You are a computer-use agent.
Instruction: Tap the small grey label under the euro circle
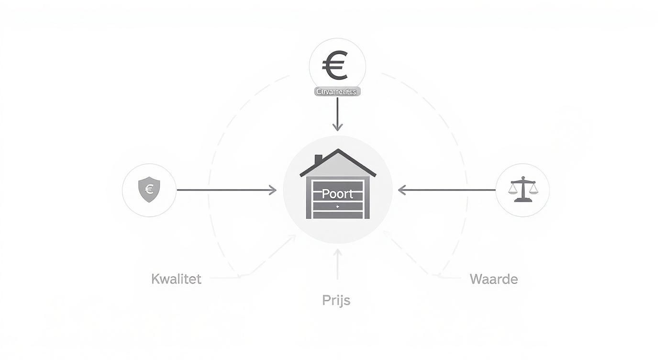click(x=337, y=91)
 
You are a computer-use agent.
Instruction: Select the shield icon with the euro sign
click(x=149, y=189)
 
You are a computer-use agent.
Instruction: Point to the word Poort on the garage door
click(x=337, y=194)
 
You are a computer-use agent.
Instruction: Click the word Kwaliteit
click(x=176, y=279)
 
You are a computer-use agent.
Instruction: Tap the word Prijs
click(x=336, y=301)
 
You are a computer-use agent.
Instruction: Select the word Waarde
click(x=494, y=279)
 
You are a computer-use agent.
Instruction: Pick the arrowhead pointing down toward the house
click(x=337, y=127)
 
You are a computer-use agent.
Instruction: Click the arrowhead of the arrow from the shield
click(x=273, y=190)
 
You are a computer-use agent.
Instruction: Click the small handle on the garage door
click(x=337, y=206)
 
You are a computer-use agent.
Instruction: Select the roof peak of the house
click(x=338, y=151)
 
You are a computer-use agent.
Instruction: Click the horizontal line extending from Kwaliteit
click(x=225, y=277)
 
